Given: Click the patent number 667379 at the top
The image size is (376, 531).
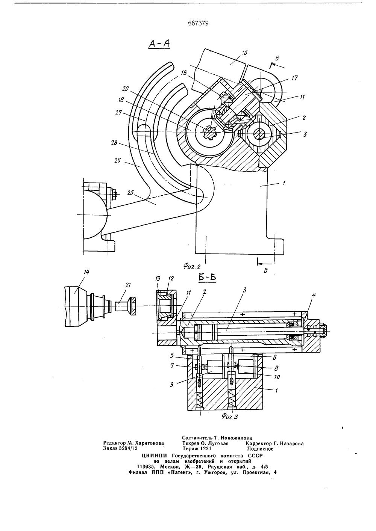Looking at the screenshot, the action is (x=198, y=23).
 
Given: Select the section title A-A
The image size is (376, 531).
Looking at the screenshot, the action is (x=159, y=44).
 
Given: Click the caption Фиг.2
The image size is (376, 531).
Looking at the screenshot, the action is (x=192, y=267).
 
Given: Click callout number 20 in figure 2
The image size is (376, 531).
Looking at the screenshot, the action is (x=125, y=89).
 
